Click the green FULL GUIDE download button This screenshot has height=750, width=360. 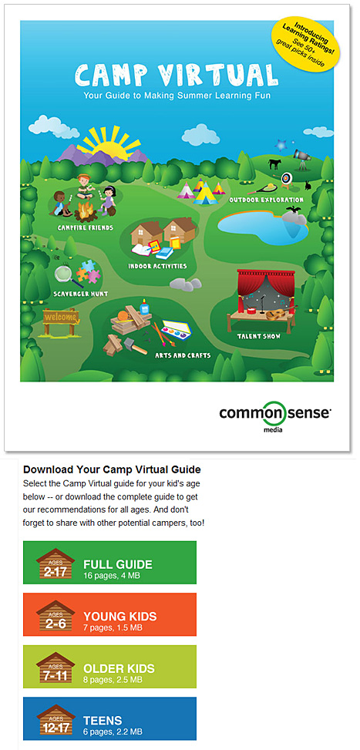pos(109,563)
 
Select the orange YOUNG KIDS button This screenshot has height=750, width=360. pos(109,614)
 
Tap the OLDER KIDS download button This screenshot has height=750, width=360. pos(109,666)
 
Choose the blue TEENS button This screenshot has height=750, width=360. pos(109,718)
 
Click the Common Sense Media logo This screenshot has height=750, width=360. pos(275,414)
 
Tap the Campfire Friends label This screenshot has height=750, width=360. pos(85,228)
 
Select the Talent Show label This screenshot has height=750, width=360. pos(259,336)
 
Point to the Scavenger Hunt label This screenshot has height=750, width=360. pos(80,293)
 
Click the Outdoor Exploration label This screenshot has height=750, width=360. pos(266,200)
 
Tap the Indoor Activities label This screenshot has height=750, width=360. pos(156,266)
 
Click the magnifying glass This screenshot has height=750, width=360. pos(62,274)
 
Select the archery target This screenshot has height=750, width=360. pos(287,178)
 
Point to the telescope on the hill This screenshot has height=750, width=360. pos(302,157)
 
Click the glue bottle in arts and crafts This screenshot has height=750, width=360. pos(144,307)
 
